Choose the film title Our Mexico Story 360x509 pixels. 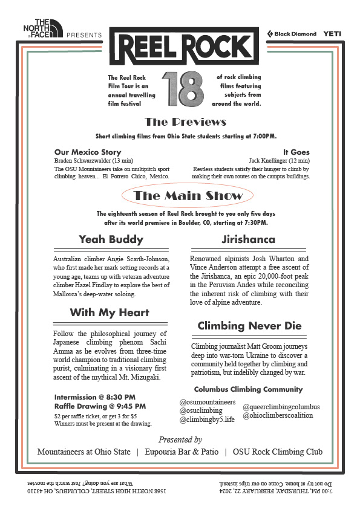[x=88, y=152]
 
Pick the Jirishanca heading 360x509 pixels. [x=249, y=239]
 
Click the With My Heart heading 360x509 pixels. [x=110, y=313]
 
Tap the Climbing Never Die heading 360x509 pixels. [x=249, y=326]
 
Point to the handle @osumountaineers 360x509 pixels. [x=208, y=402]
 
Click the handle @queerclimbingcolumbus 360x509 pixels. [x=281, y=407]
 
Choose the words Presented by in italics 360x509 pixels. [x=180, y=439]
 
